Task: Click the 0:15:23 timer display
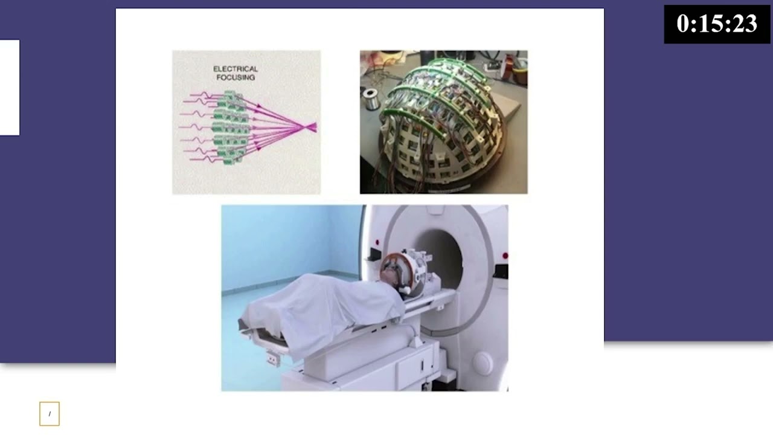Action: click(x=717, y=24)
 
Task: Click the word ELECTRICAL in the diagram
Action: click(x=236, y=69)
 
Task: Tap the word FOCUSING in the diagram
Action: click(x=236, y=77)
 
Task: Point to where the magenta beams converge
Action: click(x=306, y=127)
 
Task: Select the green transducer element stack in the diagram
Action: click(x=230, y=127)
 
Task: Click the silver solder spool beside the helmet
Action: click(x=371, y=98)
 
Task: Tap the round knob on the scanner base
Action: click(x=483, y=363)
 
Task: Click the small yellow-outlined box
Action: click(x=50, y=414)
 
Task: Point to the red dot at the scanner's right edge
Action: click(x=505, y=256)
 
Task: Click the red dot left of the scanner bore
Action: click(x=377, y=242)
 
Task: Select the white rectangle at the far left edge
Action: click(x=10, y=88)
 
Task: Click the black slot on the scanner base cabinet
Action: click(x=422, y=366)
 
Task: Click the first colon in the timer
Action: click(x=691, y=25)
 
